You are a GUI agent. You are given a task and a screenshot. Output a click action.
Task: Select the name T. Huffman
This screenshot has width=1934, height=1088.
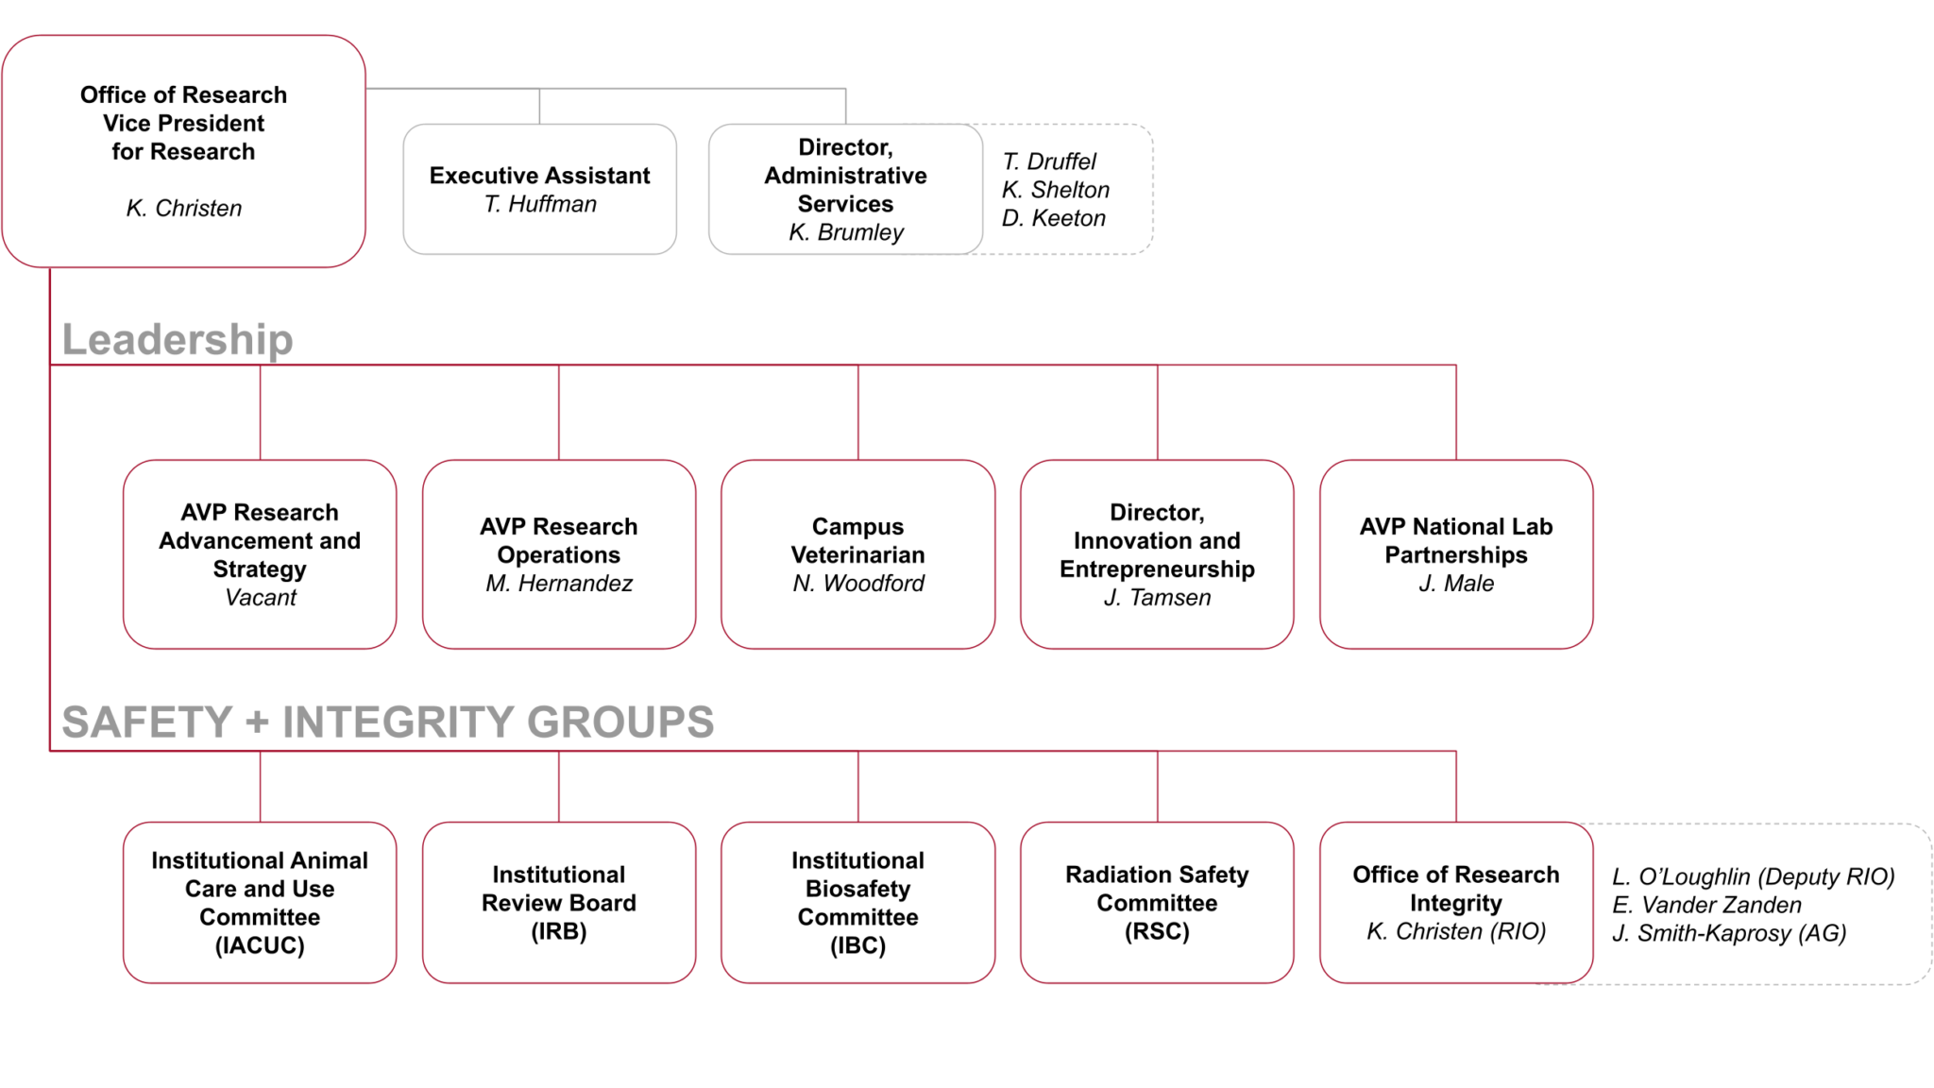point(540,204)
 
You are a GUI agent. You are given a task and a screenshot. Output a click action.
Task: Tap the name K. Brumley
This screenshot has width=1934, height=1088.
point(846,232)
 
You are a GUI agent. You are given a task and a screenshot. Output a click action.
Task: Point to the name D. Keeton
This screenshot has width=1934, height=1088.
point(1053,218)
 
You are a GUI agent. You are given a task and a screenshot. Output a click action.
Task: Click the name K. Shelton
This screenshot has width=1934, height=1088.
point(1055,190)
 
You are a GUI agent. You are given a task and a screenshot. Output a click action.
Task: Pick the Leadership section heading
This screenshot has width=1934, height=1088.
point(178,339)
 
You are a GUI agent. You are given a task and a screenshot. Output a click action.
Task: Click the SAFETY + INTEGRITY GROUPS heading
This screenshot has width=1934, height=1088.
point(387,722)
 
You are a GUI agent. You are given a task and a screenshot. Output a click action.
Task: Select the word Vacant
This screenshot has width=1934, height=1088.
point(260,598)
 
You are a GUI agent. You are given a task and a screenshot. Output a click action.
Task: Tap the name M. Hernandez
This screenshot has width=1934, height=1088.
point(559,584)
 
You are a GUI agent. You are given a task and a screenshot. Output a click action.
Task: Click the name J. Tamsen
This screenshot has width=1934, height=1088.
point(1157,598)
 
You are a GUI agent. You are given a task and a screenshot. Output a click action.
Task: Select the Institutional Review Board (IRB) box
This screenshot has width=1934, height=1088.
point(559,903)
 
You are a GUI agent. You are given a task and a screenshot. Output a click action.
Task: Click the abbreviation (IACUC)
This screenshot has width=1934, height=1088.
point(260,945)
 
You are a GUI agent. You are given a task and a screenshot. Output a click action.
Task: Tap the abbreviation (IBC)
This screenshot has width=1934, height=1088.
point(857,945)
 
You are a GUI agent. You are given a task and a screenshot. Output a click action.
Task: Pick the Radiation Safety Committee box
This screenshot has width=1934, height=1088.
point(1157,903)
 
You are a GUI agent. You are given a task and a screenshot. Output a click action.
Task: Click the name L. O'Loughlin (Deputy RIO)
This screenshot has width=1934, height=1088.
point(1753,876)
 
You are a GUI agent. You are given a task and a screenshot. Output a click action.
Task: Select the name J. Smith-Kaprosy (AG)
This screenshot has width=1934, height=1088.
point(1728,933)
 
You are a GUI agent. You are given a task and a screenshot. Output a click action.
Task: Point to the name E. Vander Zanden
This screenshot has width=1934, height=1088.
point(1706,905)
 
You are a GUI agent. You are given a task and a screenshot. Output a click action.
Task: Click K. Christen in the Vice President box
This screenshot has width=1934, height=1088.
point(184,208)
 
